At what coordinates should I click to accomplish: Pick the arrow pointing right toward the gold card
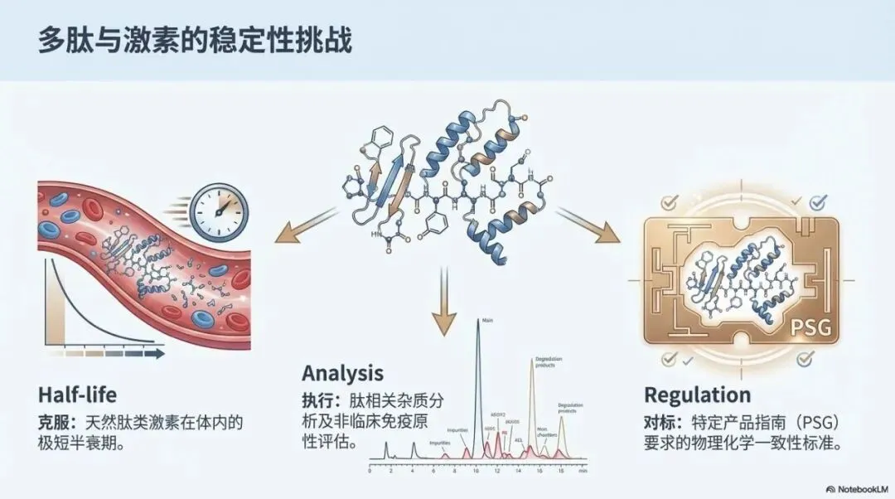(588, 225)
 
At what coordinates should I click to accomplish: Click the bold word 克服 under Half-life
(55, 422)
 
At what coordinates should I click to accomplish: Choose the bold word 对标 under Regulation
(660, 421)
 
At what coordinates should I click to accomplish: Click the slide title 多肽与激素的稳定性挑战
(194, 41)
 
